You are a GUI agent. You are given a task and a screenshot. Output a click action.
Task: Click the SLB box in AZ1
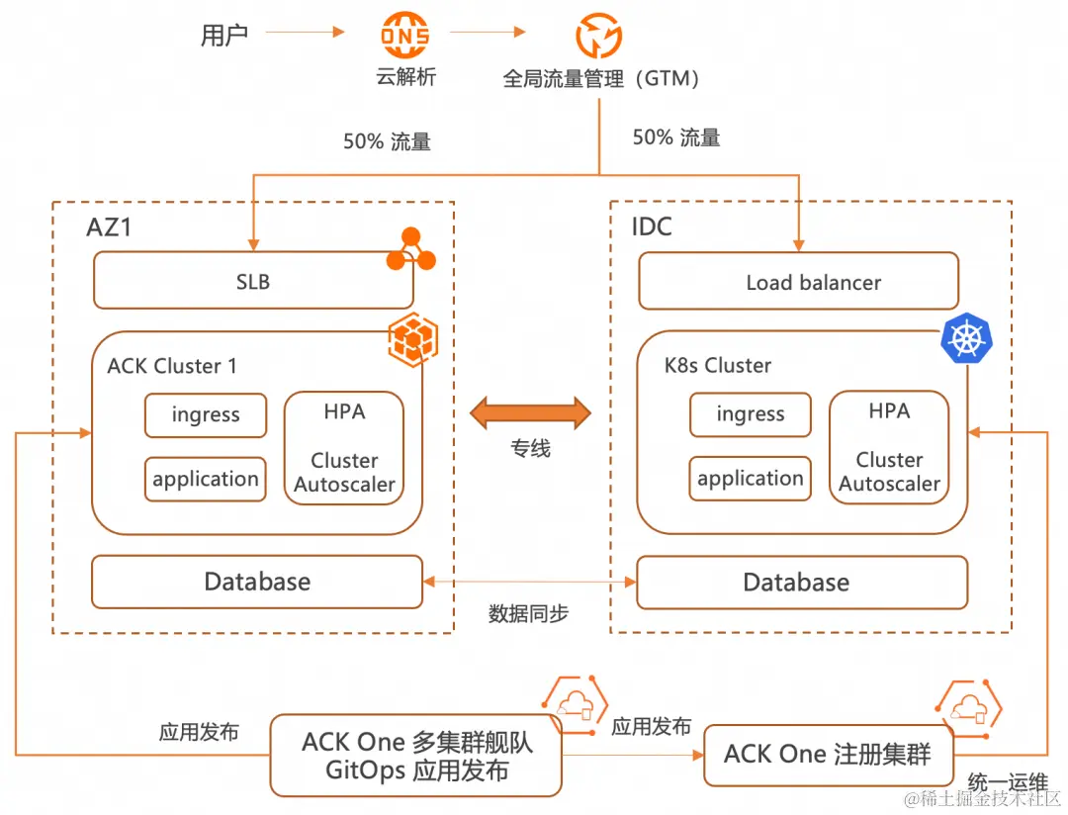tap(252, 282)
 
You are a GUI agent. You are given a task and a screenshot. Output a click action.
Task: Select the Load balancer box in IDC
tap(798, 282)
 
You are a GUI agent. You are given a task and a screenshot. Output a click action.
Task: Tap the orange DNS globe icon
tap(405, 37)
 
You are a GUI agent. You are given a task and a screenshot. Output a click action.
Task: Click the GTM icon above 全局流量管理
tap(598, 37)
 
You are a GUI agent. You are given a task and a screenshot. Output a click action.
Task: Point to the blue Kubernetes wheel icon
tap(967, 339)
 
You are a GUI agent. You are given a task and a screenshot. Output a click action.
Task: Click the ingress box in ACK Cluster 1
tap(206, 415)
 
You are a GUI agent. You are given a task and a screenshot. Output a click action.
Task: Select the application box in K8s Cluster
tap(750, 479)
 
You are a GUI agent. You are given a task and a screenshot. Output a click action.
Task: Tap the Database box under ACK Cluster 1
tap(257, 582)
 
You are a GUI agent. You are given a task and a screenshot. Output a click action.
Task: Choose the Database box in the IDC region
tap(801, 583)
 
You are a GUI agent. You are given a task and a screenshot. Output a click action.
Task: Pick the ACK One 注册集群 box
tap(827, 755)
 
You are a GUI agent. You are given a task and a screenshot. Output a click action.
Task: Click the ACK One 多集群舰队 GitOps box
tap(416, 756)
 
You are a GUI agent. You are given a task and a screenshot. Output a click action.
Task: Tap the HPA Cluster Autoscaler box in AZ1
tap(344, 449)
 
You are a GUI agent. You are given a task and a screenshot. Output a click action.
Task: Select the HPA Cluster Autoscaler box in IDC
tap(889, 448)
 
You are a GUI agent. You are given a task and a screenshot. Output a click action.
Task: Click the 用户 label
tap(224, 36)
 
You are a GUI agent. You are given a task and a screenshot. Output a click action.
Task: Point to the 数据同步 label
tap(529, 613)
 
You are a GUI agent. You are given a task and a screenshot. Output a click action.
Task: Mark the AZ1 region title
tap(109, 227)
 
